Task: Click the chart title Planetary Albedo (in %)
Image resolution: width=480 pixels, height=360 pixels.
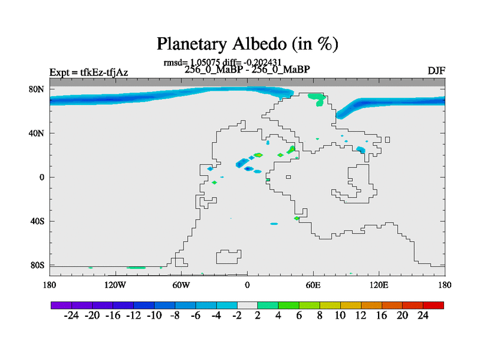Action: coord(247,43)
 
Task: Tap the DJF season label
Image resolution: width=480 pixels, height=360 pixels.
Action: coord(436,71)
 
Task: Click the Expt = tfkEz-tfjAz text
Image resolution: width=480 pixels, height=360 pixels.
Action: coord(89,73)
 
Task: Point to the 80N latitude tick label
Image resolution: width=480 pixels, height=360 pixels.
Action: coord(37,89)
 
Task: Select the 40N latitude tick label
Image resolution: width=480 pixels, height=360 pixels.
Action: coord(37,133)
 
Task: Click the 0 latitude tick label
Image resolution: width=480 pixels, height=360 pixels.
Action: coord(41,177)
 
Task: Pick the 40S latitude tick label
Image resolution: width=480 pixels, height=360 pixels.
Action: coord(37,221)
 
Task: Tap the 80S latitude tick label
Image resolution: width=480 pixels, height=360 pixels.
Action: coord(37,265)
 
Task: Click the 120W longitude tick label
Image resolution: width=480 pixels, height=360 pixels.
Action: coord(115,286)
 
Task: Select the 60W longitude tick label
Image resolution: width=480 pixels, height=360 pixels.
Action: coord(181,286)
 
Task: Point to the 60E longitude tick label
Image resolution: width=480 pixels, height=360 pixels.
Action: coord(313,286)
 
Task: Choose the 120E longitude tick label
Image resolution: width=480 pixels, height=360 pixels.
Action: coord(379,286)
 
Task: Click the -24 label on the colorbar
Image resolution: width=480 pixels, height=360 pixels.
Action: coord(71,316)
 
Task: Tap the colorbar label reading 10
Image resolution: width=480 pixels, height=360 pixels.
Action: coord(340,316)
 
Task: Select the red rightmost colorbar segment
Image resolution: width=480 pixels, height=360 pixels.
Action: coord(433,305)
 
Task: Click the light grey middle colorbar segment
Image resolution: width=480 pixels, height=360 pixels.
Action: coord(247,305)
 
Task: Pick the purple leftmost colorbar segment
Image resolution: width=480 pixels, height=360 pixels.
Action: coord(61,305)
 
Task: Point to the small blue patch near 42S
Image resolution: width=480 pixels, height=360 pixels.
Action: coord(274,224)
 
